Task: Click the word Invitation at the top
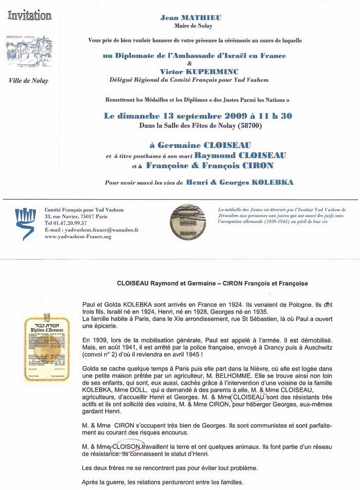[x=29, y=15]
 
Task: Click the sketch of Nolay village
[x=29, y=52]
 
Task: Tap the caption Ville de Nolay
[x=29, y=80]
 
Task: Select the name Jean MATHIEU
[x=191, y=17]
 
